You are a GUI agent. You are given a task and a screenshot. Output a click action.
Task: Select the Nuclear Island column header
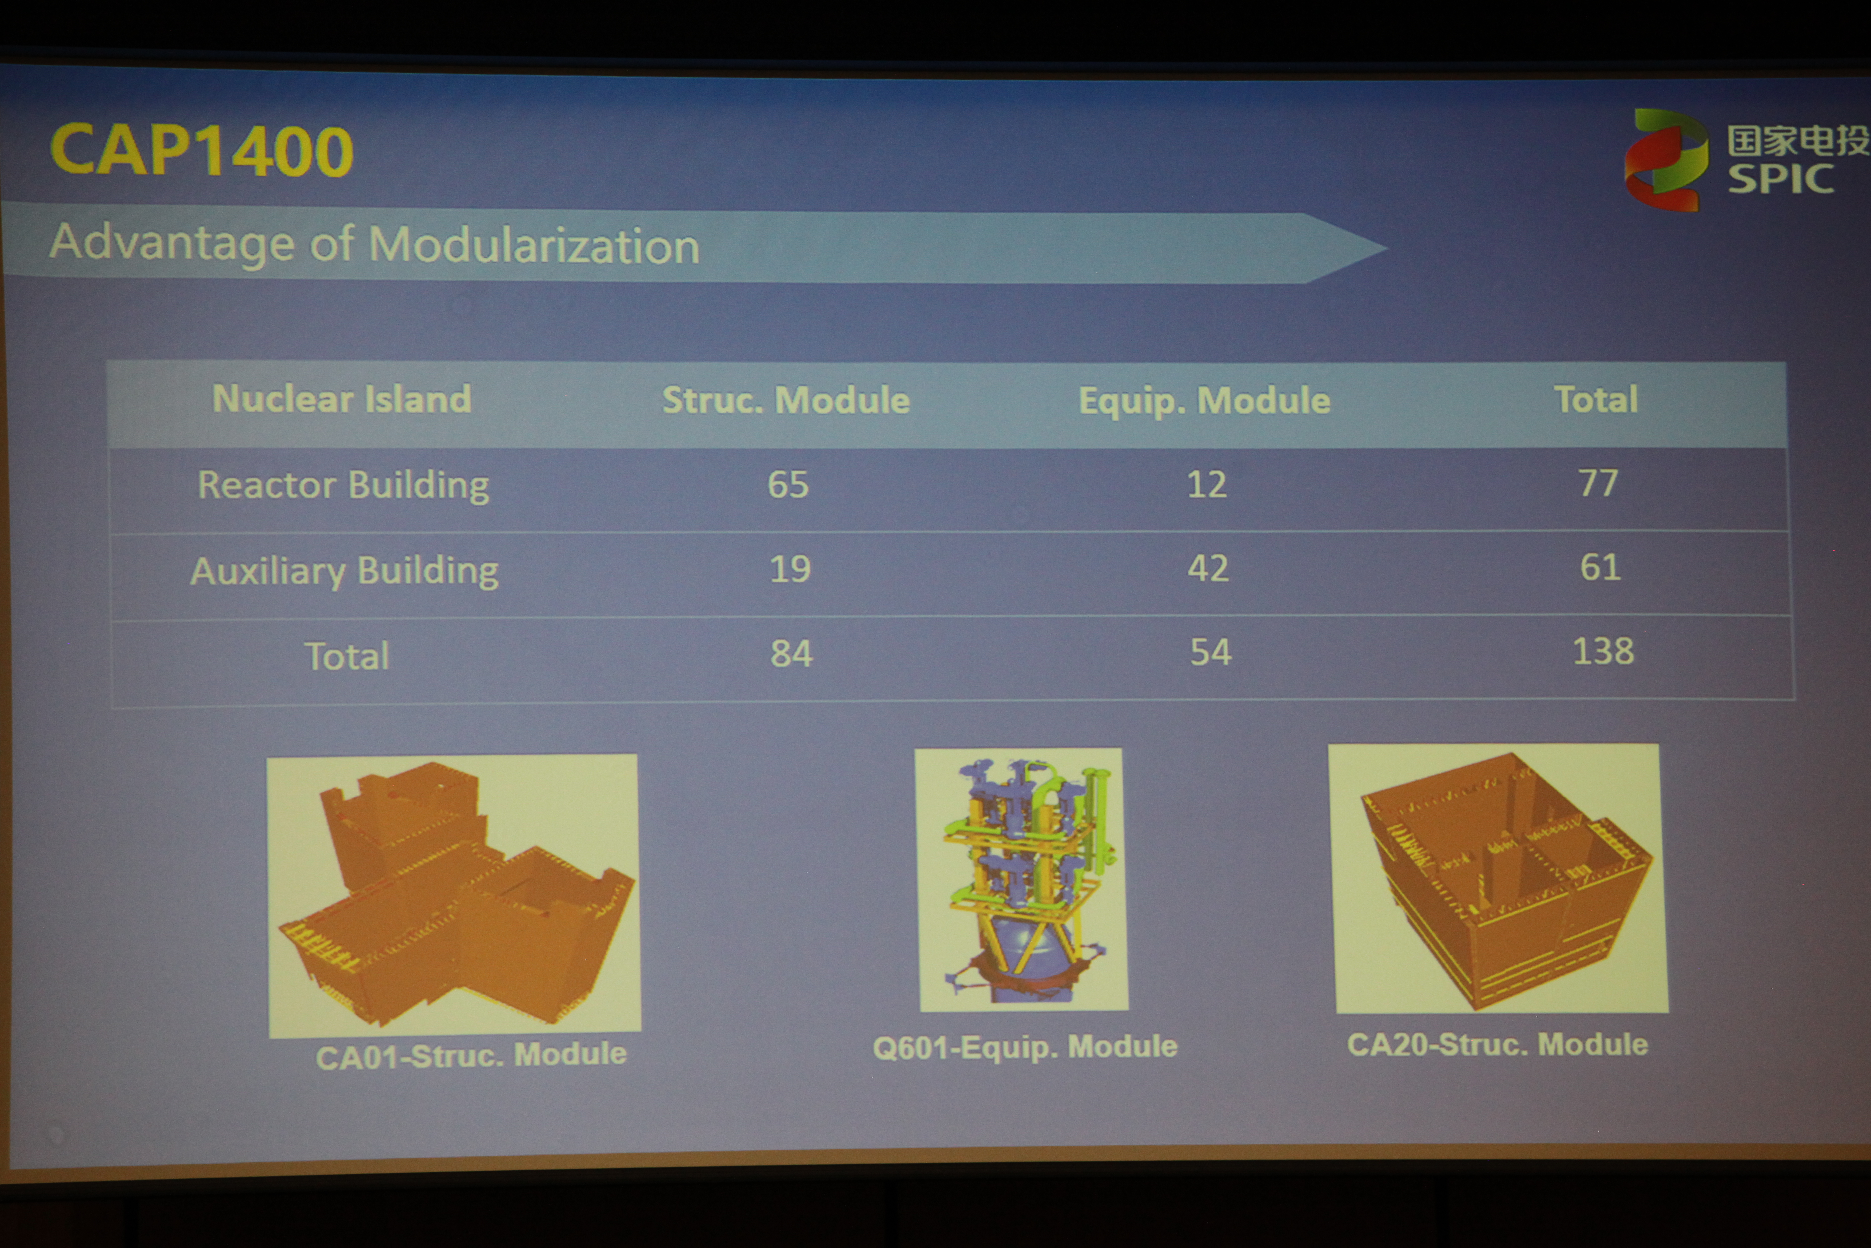(342, 399)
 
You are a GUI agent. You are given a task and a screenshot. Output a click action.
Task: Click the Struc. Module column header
(786, 400)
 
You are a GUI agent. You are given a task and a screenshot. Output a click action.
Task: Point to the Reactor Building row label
(344, 485)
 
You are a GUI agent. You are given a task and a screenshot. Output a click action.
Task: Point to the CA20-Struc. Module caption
(1497, 1043)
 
